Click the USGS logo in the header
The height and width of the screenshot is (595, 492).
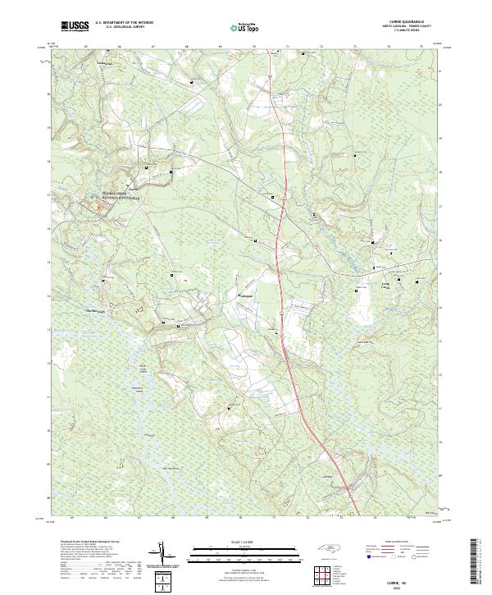(x=74, y=27)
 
